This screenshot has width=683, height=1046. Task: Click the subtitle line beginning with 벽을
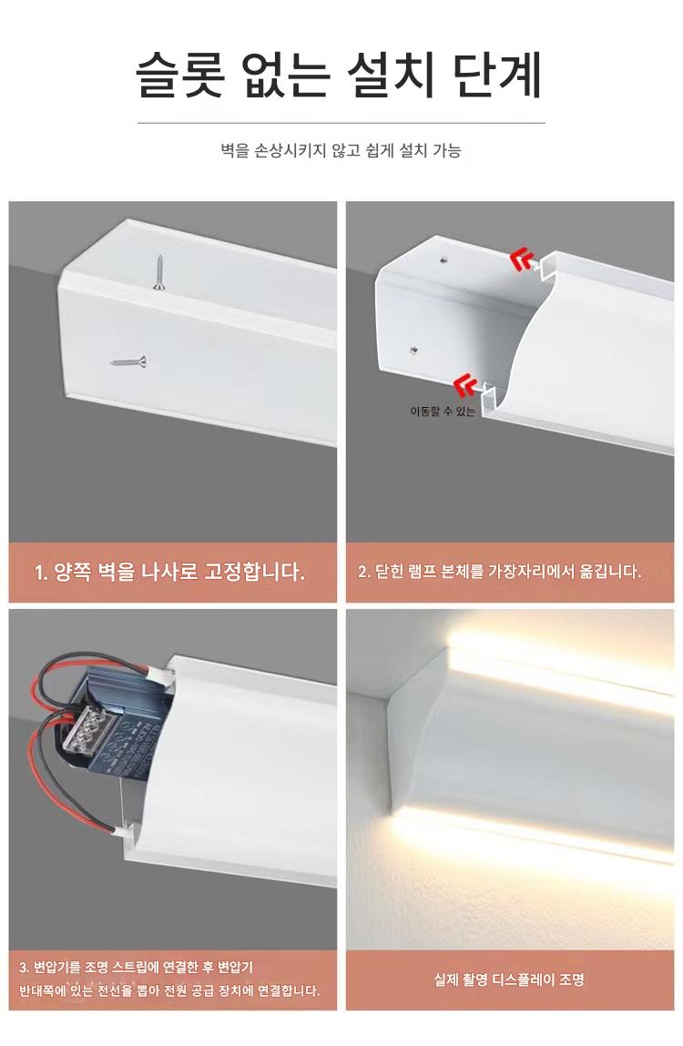341,150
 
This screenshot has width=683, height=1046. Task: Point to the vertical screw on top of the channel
158,272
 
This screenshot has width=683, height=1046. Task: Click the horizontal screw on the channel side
128,362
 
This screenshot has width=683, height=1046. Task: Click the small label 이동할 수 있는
443,411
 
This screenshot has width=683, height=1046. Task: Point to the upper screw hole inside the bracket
444,257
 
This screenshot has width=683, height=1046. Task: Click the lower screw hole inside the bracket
414,349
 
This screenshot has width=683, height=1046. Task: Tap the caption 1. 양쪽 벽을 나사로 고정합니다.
169,572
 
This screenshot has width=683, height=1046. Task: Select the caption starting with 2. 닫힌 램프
499,572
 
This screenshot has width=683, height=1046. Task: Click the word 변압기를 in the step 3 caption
56,968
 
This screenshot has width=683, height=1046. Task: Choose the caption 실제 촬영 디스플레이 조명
509,980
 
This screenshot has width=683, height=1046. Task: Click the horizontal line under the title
341,124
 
